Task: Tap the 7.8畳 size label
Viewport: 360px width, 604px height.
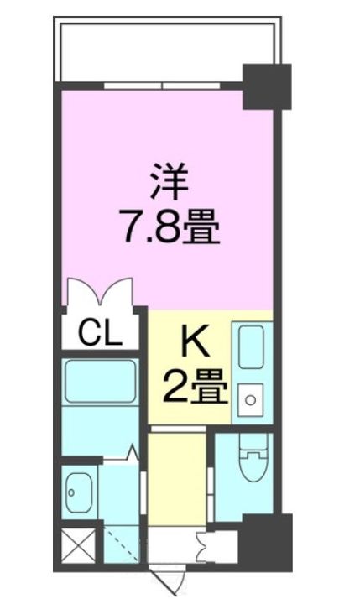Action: (x=170, y=226)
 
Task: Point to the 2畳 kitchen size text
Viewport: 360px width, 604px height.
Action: (x=193, y=388)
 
